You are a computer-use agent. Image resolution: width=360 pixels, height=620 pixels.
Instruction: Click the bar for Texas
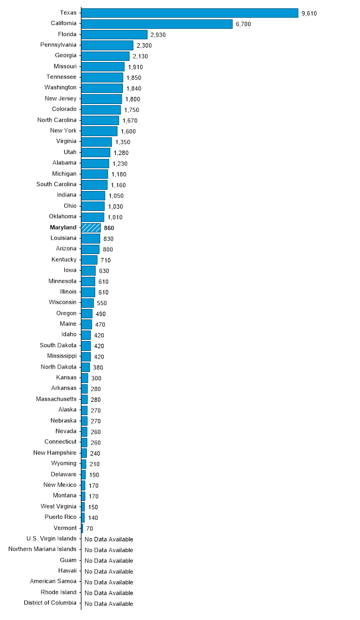coord(189,13)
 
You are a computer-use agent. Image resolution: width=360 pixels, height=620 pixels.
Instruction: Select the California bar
coord(157,24)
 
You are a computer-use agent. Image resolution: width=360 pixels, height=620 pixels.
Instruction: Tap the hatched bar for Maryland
coord(91,228)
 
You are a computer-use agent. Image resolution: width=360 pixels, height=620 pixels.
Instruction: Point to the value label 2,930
coord(158,35)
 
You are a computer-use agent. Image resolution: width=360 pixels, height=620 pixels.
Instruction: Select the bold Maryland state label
coord(63,228)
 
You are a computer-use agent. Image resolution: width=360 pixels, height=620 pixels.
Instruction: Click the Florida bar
coord(114,34)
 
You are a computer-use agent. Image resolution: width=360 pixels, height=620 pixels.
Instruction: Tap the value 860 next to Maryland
coord(109,228)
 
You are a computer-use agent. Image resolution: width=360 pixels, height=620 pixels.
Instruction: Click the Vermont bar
coord(82,528)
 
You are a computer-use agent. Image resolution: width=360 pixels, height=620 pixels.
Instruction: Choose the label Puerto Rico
coord(61,517)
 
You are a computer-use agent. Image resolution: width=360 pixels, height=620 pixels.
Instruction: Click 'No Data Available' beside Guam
coord(109,561)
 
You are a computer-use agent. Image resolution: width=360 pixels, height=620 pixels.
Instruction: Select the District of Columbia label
coord(50,603)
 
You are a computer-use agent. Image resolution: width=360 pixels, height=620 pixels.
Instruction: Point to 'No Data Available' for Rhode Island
coord(109,593)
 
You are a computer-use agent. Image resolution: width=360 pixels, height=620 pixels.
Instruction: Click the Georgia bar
coord(105,56)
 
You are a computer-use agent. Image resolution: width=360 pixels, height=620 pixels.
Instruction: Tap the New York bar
coord(99,131)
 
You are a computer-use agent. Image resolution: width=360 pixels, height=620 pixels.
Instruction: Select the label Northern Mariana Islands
coord(43,549)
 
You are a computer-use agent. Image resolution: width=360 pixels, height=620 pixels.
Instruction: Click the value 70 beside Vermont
coord(90,529)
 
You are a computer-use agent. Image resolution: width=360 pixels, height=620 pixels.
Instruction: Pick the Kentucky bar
coord(89,260)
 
